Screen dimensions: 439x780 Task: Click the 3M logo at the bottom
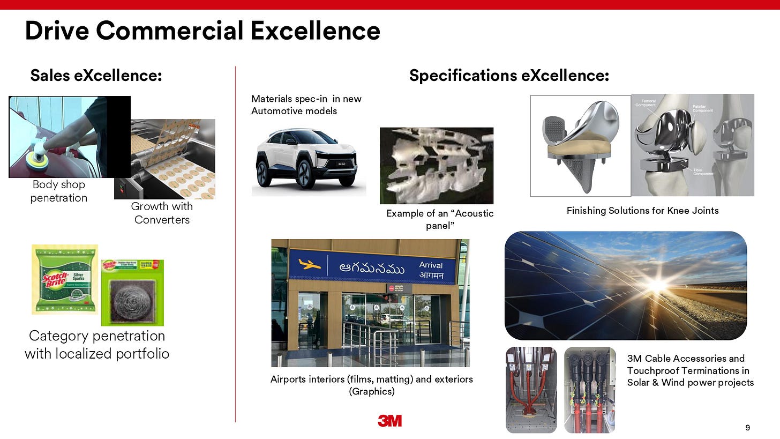coord(389,421)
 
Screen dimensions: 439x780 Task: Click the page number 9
coord(747,427)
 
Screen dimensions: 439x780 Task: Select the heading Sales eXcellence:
coord(96,76)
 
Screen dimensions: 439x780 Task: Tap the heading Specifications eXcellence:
coord(509,76)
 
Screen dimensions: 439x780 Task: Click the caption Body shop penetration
coord(59,191)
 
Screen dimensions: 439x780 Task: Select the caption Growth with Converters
coord(162,213)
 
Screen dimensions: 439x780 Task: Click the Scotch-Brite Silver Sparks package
coord(64,279)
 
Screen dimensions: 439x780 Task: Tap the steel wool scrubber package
coord(132,293)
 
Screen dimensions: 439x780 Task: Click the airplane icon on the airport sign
coord(309,264)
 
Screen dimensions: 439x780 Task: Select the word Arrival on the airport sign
coord(431,265)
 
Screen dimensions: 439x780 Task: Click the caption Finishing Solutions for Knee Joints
coord(642,211)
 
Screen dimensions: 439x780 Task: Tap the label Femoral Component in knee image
coord(645,103)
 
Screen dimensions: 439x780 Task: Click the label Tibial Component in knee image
coord(702,171)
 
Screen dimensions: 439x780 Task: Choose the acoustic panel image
coord(436,165)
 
